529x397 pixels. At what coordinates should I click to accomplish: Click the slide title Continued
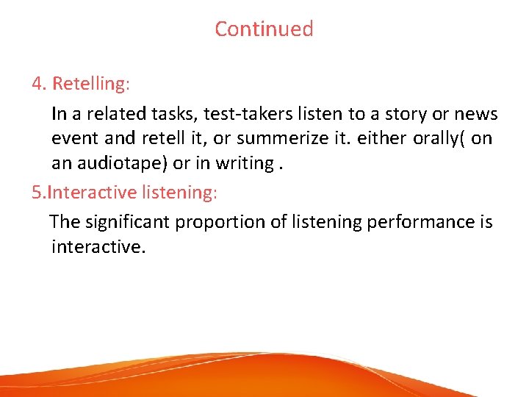click(x=264, y=29)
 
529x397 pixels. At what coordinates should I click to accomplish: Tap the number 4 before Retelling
click(x=37, y=84)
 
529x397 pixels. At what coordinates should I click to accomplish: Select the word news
click(x=476, y=115)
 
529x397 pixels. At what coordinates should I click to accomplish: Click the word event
click(x=73, y=139)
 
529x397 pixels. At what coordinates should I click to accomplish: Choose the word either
click(x=359, y=139)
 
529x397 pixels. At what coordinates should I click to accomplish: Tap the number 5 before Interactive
click(x=36, y=193)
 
